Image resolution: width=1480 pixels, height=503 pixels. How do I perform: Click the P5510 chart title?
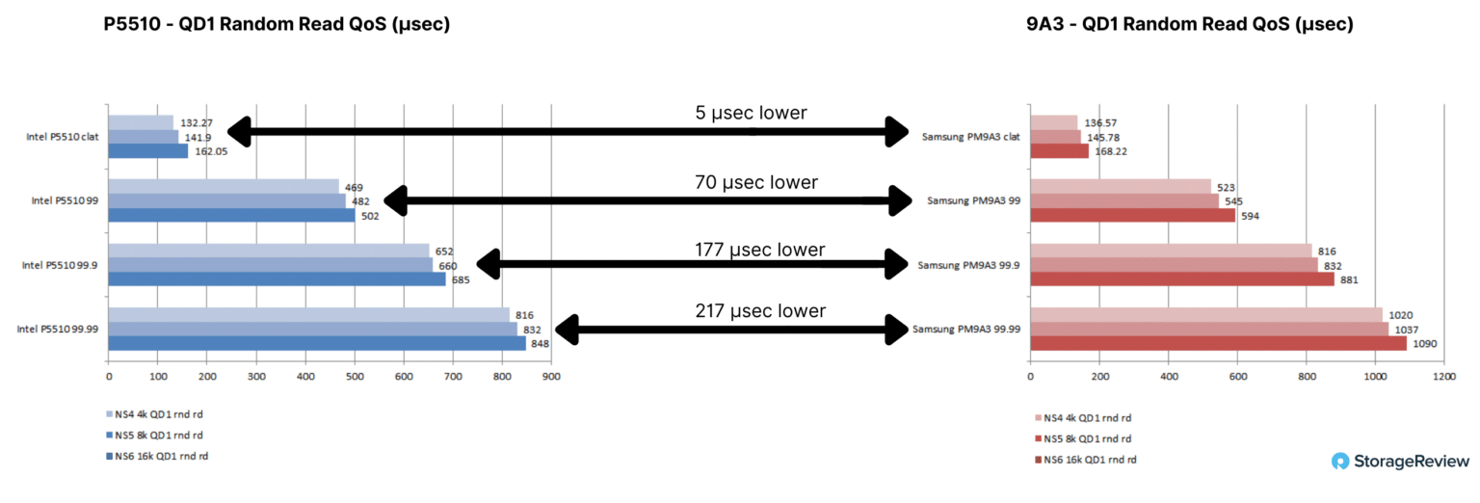(x=277, y=24)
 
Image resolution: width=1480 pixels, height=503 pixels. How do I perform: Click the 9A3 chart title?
(x=1189, y=24)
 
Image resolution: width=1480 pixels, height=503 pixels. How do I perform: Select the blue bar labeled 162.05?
(x=148, y=151)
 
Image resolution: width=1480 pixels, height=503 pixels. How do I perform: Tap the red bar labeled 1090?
(x=1218, y=344)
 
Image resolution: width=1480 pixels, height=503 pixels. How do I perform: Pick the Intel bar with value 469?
(x=224, y=186)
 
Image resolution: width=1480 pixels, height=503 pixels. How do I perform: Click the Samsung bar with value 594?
(x=1132, y=216)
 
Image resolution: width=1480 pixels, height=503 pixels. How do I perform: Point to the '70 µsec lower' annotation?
(x=755, y=182)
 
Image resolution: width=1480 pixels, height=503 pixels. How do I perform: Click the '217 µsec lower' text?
(x=760, y=310)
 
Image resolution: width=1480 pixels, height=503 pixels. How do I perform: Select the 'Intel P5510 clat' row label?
(x=62, y=137)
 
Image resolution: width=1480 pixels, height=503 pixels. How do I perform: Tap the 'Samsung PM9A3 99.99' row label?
(x=966, y=330)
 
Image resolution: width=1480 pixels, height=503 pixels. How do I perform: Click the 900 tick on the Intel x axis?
(x=551, y=377)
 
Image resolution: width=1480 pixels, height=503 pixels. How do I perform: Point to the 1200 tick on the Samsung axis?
(x=1444, y=377)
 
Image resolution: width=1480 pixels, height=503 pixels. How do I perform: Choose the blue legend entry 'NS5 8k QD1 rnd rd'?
(x=154, y=436)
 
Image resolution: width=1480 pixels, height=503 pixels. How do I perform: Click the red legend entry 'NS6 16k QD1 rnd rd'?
(x=1086, y=460)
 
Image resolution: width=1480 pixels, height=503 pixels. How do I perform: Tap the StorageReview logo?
(x=1400, y=462)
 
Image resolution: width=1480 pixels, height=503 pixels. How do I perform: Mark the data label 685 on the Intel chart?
(x=461, y=280)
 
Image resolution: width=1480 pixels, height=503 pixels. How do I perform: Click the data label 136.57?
(x=1100, y=123)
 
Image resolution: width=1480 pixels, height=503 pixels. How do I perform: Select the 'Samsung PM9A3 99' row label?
(x=973, y=201)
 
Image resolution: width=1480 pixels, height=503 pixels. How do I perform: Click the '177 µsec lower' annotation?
(x=760, y=250)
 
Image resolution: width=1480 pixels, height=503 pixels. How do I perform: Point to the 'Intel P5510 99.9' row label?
(x=60, y=266)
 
